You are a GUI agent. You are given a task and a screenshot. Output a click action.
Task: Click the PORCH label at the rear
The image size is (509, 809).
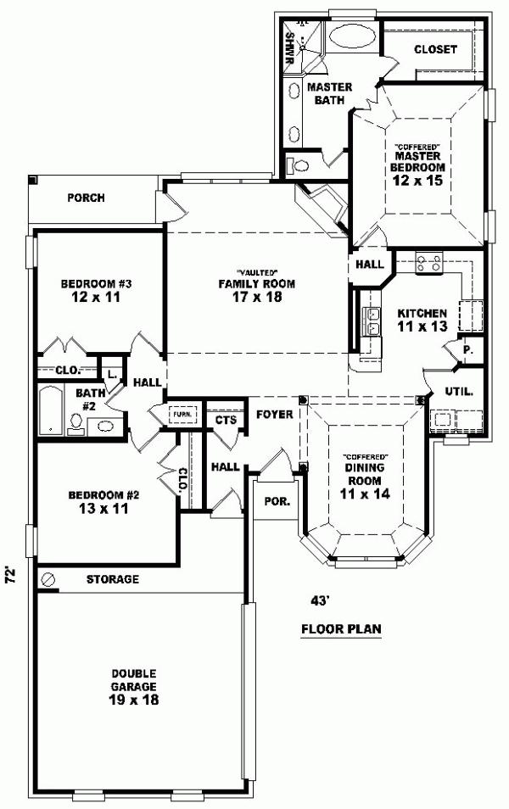pos(86,198)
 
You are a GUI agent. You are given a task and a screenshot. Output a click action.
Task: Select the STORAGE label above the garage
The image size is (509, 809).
pos(112,580)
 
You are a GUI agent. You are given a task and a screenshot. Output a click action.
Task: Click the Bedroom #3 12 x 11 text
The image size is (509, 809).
pos(95,291)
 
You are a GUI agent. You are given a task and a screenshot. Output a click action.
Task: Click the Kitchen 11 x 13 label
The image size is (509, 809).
pos(422,321)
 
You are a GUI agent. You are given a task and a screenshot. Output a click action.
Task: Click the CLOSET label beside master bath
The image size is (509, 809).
pos(435,49)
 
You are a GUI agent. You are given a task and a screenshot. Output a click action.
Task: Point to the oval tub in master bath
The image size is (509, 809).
pos(349,36)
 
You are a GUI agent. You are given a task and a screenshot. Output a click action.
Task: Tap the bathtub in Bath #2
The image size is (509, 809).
pos(50,410)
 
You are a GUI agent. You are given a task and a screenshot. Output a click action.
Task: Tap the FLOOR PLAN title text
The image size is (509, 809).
pos(342,629)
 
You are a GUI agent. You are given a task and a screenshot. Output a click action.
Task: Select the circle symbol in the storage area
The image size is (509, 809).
pos(48,579)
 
